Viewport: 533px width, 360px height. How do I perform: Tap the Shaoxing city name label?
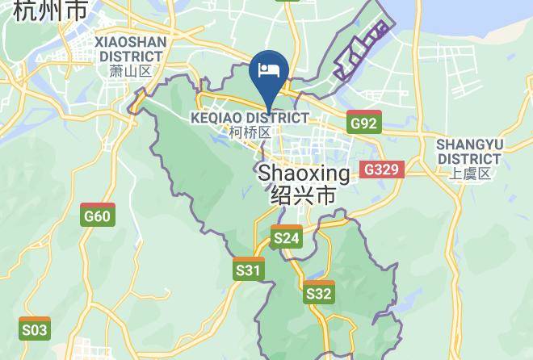coord(304,174)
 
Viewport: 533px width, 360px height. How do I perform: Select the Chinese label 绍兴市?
coord(304,195)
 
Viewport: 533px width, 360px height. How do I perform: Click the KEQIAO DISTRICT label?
coord(250,118)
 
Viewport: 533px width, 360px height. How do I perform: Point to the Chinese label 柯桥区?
coord(250,132)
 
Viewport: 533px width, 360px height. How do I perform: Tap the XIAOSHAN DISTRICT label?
coord(130,48)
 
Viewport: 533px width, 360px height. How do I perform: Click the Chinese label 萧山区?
coord(130,71)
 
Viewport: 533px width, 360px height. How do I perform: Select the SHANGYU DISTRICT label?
coord(469,151)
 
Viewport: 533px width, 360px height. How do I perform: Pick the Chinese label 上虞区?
coord(470,174)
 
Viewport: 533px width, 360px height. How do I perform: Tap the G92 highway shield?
coord(363,123)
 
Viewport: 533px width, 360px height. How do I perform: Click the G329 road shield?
coord(381,170)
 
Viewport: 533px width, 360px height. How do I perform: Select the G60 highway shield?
coord(97,216)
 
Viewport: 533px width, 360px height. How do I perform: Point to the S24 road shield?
coord(287,237)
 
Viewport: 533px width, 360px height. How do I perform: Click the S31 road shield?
coord(249,270)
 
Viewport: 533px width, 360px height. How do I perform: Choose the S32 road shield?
coord(319,294)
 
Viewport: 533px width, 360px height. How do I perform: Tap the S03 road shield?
coord(34,329)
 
